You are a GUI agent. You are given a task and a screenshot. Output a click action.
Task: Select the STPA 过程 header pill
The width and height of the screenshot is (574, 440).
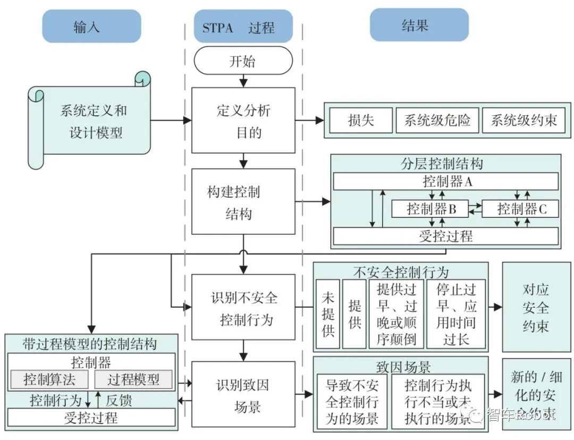pos(243,27)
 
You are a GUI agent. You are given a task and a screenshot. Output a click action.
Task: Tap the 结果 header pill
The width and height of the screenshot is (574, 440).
pos(419,25)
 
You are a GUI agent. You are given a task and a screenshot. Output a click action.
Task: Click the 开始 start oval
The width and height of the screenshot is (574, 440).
pos(243,61)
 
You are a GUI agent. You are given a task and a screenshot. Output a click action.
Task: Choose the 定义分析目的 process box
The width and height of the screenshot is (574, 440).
pos(243,120)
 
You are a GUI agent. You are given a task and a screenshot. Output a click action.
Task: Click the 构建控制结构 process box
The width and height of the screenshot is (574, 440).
pos(243,201)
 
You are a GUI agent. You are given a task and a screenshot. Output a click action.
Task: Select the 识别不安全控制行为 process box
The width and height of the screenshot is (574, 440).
pos(243,307)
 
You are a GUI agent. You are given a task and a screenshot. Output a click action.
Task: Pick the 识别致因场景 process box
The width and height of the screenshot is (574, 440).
pos(243,394)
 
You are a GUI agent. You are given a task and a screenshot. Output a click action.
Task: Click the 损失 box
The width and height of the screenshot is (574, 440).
pos(361,120)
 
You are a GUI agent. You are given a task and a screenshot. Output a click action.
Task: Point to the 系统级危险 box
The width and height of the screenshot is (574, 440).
pos(437,120)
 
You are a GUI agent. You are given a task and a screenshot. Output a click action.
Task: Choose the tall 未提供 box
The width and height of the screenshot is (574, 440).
pos(328,314)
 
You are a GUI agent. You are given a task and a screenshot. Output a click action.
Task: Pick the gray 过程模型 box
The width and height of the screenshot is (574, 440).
pos(133,379)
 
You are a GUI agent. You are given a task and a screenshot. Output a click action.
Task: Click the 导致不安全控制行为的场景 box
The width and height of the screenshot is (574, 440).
pos(352,401)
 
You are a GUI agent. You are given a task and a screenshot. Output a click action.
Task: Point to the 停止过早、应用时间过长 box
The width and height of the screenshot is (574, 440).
pos(456,314)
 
